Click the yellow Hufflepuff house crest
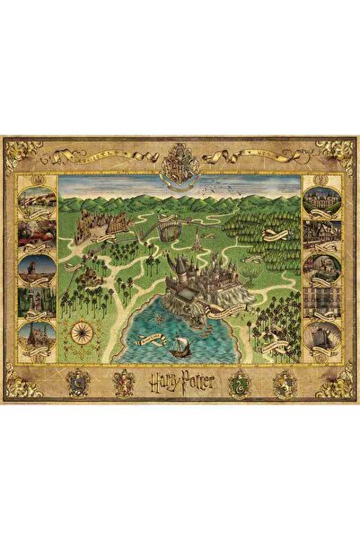tap(284, 384)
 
